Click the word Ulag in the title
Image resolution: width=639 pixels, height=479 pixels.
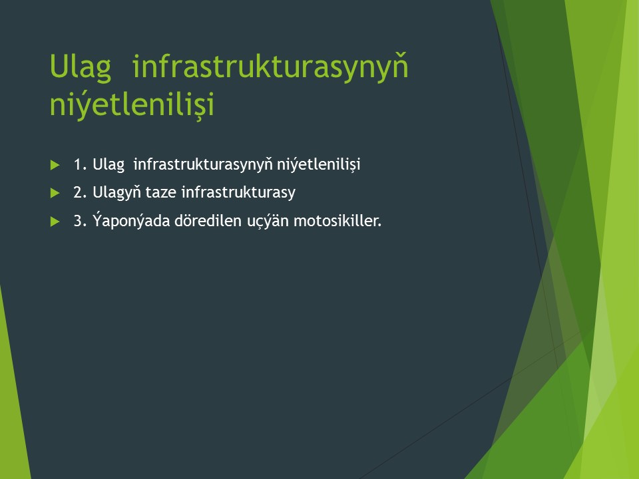(81, 67)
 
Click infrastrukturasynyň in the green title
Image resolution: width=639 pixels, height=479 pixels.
(270, 67)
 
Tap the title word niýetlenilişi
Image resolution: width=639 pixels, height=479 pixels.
(132, 103)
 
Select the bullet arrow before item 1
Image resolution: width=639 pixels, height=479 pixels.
(55, 165)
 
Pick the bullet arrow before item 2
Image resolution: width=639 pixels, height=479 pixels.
(55, 193)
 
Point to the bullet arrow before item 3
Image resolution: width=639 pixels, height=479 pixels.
(55, 222)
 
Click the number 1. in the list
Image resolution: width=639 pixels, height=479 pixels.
(81, 164)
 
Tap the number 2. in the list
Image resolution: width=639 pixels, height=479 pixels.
(81, 192)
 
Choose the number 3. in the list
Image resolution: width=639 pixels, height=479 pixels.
(81, 221)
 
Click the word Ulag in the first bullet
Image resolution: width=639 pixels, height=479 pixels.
(108, 164)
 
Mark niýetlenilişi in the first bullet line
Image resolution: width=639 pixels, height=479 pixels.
(319, 164)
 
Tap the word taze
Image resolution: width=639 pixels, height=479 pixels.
(161, 193)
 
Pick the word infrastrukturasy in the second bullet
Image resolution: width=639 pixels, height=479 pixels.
(238, 193)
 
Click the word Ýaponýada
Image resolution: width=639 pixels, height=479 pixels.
(131, 220)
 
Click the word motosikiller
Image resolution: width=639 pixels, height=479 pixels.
(337, 221)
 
